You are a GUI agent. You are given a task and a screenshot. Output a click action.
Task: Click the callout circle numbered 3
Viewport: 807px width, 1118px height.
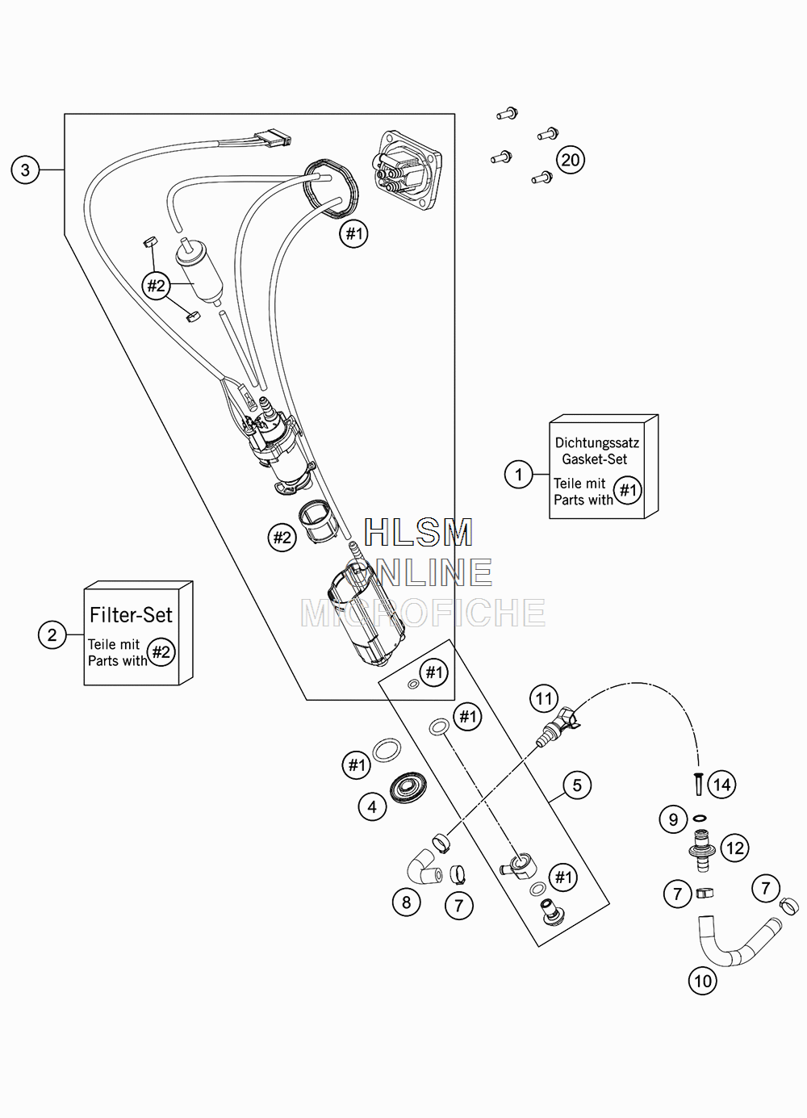click(x=25, y=170)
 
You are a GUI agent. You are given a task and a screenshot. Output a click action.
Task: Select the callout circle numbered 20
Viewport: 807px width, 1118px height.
click(x=571, y=160)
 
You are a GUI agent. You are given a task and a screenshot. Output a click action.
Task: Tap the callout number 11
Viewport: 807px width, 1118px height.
click(x=543, y=699)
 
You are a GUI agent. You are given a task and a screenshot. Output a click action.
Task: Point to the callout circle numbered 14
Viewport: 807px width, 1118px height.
click(x=722, y=785)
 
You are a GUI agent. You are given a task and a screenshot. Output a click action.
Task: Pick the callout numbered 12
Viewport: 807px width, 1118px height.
click(x=734, y=848)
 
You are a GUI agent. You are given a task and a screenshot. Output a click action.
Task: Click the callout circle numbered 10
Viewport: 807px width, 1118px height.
click(x=703, y=982)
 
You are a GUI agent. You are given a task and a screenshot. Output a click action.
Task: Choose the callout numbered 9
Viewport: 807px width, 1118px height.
click(x=674, y=819)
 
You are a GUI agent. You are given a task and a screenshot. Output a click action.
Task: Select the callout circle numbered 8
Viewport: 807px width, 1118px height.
click(x=406, y=902)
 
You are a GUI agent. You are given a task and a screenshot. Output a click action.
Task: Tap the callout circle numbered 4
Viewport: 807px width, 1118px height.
click(x=372, y=806)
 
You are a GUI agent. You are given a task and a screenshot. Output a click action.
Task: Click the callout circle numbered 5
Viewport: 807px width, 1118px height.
click(x=577, y=785)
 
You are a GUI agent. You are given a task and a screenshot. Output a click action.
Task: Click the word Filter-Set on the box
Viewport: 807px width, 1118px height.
click(x=131, y=614)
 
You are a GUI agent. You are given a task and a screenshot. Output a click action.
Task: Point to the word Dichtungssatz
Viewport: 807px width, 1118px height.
click(x=597, y=442)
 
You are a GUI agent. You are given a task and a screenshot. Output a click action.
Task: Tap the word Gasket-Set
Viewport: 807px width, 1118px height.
click(x=595, y=459)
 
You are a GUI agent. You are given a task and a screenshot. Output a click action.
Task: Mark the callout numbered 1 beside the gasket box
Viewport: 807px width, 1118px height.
click(x=519, y=474)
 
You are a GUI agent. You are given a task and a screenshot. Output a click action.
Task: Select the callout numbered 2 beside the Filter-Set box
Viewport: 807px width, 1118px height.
click(x=52, y=634)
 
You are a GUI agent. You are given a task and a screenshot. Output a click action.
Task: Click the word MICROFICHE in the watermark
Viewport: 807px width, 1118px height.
click(x=423, y=613)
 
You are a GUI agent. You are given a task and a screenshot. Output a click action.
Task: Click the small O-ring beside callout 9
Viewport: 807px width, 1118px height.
click(x=700, y=818)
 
